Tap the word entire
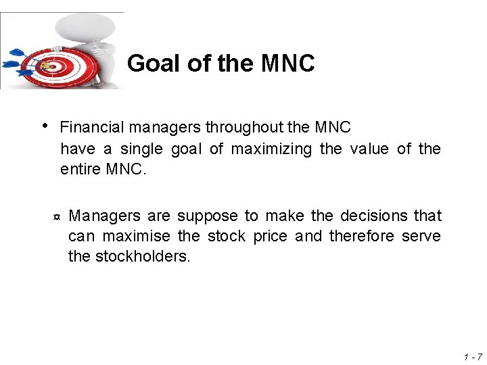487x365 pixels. (x=80, y=169)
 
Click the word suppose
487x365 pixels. (x=208, y=216)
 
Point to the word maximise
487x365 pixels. (x=139, y=236)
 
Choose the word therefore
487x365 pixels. (x=362, y=236)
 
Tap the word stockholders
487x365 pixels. (x=143, y=256)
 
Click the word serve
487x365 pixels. (x=421, y=236)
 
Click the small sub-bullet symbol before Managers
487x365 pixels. (x=56, y=218)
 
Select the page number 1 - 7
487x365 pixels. (x=473, y=356)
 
